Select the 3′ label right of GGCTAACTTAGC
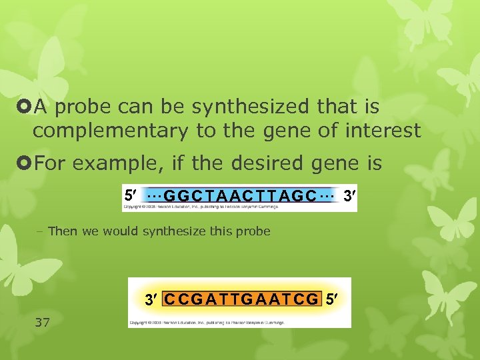coord(349,195)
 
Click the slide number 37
coord(42,322)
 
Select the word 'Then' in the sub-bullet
coord(63,231)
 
